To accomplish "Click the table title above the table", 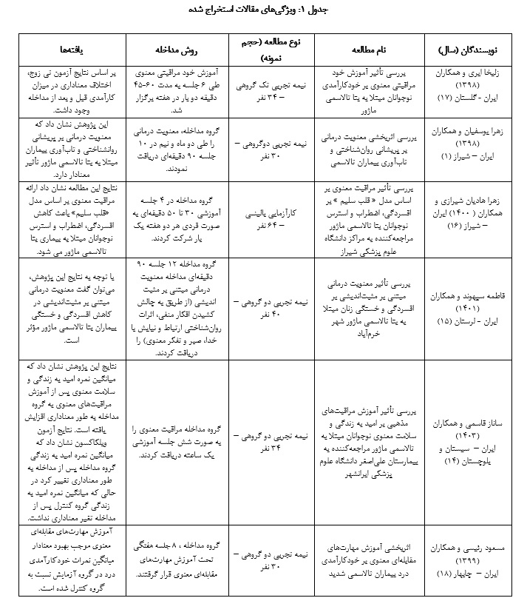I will coord(263,12).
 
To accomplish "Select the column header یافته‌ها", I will coord(71,49).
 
